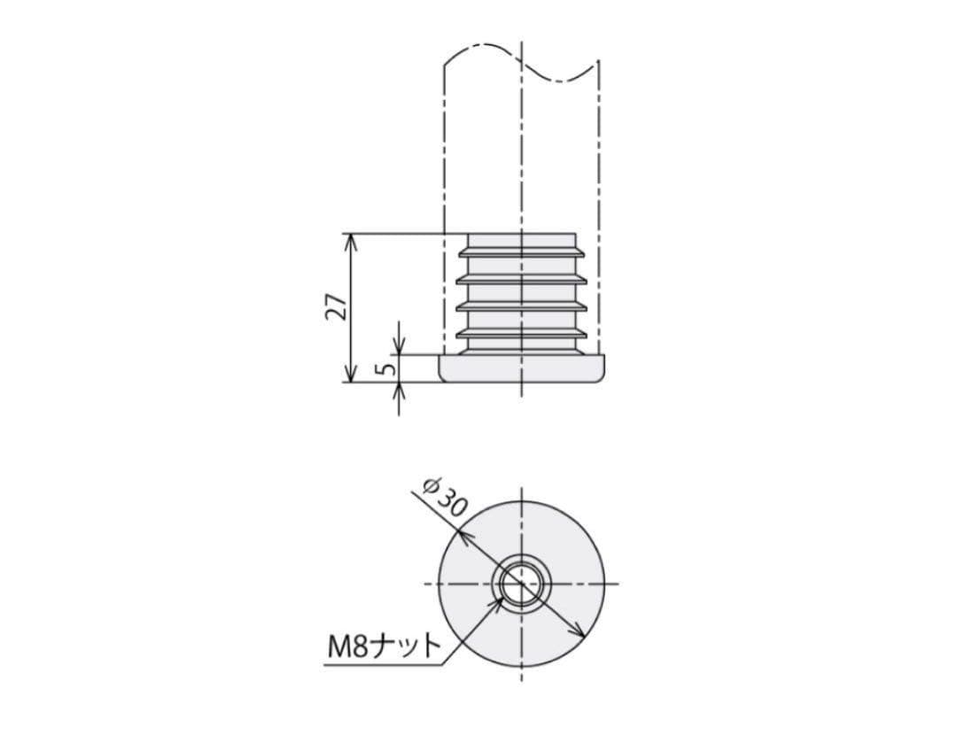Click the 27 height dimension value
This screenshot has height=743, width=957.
pos(337,307)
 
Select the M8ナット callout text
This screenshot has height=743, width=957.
pos(384,646)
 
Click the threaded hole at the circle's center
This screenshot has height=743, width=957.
pos(521,584)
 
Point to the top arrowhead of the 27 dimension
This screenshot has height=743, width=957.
pos(350,242)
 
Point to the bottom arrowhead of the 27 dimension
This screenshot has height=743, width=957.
pos(350,374)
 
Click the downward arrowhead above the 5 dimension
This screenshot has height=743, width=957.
pos(399,346)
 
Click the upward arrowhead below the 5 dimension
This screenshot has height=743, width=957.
pos(399,391)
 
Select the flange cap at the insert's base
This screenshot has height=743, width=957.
pos(522,368)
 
